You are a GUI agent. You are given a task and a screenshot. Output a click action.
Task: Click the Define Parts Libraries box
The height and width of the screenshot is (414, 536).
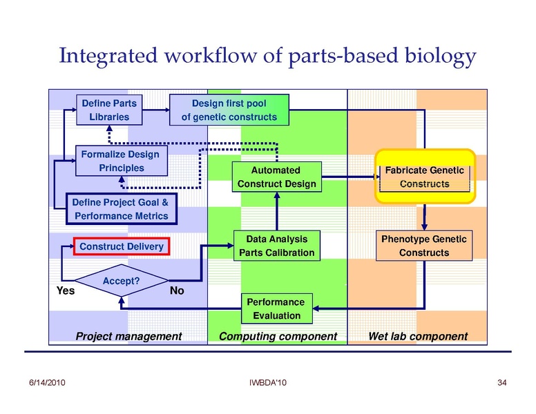[x=109, y=110]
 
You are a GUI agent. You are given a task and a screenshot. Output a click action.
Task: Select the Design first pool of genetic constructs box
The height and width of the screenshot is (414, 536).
[x=229, y=110]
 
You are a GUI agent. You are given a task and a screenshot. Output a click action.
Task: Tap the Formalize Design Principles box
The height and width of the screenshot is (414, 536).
[x=120, y=161]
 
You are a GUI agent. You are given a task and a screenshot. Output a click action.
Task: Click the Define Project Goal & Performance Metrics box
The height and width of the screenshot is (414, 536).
[x=122, y=209]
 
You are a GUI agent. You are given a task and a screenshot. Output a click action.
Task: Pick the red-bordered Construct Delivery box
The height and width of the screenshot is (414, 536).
[x=122, y=246]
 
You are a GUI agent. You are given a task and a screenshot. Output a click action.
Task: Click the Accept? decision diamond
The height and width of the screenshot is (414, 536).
[x=122, y=281]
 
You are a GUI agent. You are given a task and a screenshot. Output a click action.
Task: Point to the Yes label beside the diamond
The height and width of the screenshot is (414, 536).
[x=65, y=291]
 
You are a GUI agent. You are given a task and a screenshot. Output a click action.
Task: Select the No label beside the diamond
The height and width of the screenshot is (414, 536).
[x=177, y=291]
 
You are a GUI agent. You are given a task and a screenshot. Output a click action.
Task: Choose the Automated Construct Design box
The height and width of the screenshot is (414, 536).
[x=276, y=177]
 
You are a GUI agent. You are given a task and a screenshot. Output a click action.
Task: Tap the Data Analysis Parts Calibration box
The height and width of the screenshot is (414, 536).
[x=276, y=246]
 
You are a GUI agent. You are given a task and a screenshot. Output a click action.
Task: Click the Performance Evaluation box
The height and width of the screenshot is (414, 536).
[x=276, y=308]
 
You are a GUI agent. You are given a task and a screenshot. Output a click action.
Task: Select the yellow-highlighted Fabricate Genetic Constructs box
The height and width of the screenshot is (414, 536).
[x=424, y=177]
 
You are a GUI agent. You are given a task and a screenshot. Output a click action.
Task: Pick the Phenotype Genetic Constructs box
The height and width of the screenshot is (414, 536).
[x=424, y=246]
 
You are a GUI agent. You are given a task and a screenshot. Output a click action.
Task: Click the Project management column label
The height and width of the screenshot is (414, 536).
[x=128, y=337]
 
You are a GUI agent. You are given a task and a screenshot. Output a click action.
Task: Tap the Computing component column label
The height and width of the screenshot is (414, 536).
[x=278, y=337]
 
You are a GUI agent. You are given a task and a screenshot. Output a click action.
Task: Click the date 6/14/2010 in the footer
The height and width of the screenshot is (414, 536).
[x=46, y=382]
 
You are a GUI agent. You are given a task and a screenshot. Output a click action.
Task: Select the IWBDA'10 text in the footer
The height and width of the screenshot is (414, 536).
[x=266, y=382]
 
